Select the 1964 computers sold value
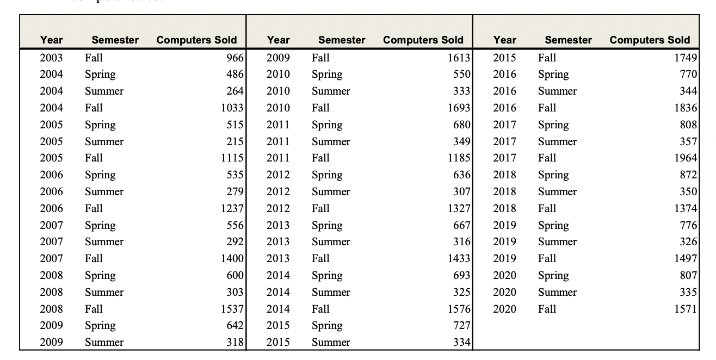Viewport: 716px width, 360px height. point(685,158)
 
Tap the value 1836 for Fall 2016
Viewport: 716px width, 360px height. point(685,108)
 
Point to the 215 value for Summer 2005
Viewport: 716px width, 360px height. point(234,142)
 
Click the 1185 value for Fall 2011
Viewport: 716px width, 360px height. point(459,158)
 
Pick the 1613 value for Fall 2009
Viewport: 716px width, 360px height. point(459,58)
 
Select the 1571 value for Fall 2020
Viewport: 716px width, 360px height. point(685,309)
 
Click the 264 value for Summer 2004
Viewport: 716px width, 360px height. point(234,91)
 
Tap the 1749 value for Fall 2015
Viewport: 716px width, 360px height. point(685,58)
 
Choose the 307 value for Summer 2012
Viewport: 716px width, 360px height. point(461,192)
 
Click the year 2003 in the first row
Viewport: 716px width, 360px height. point(51,58)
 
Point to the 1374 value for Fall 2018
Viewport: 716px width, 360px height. point(685,209)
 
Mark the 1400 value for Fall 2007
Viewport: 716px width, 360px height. point(232,259)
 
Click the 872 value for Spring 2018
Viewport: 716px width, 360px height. point(688,175)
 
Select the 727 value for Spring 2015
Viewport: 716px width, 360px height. point(461,326)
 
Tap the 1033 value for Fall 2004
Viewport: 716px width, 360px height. point(232,108)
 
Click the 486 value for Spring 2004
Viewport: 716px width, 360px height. point(234,75)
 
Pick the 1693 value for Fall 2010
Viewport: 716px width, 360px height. point(459,108)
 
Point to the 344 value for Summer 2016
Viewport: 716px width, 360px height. point(688,91)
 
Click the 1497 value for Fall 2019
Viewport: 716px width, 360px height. point(685,259)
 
